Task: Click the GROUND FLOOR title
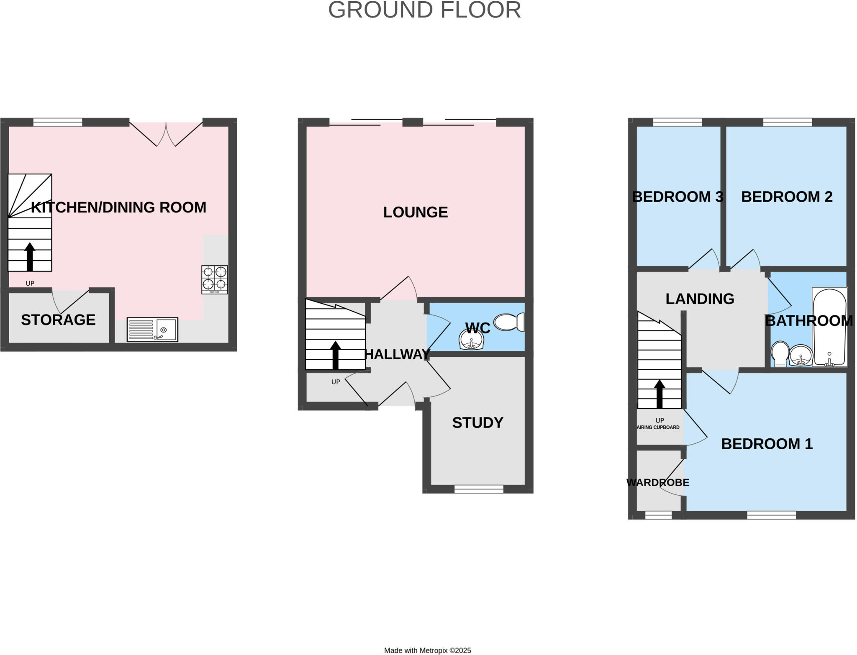pyautogui.click(x=424, y=10)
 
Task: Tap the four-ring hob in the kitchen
pyautogui.click(x=215, y=279)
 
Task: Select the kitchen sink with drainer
pyautogui.click(x=152, y=330)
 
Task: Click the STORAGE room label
pyautogui.click(x=58, y=320)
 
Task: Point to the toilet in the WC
pyautogui.click(x=509, y=322)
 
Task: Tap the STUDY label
pyautogui.click(x=477, y=423)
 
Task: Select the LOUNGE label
pyautogui.click(x=416, y=212)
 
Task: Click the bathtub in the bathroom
pyautogui.click(x=829, y=327)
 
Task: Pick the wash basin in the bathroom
pyautogui.click(x=801, y=356)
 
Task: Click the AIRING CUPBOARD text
pyautogui.click(x=658, y=427)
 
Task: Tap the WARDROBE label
pyautogui.click(x=658, y=483)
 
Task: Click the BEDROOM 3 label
pyautogui.click(x=677, y=197)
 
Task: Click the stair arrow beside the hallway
pyautogui.click(x=335, y=355)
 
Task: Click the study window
pyautogui.click(x=479, y=489)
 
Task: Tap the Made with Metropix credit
pyautogui.click(x=428, y=650)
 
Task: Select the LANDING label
pyautogui.click(x=700, y=299)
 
